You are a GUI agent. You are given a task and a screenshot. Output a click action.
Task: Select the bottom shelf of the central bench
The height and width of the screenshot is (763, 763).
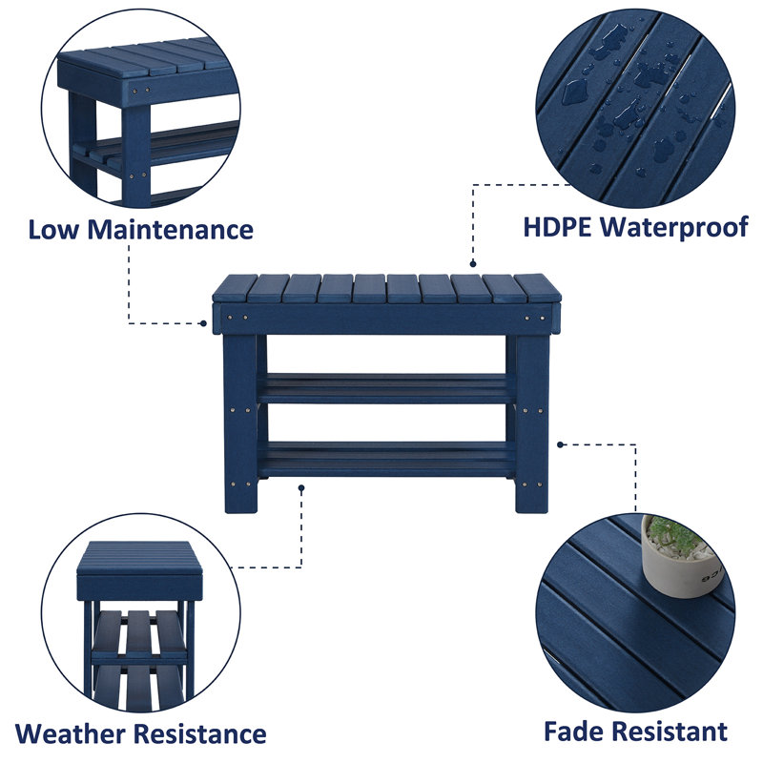point(386,458)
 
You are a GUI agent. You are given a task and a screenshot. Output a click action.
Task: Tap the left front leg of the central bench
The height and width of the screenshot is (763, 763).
point(239,420)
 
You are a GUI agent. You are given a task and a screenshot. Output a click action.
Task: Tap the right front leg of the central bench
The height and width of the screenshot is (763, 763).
point(531,420)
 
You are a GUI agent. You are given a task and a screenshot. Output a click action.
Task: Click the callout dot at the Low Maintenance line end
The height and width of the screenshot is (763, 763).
point(204,323)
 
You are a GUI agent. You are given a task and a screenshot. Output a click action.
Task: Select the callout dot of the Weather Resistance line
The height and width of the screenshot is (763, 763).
point(301,487)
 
